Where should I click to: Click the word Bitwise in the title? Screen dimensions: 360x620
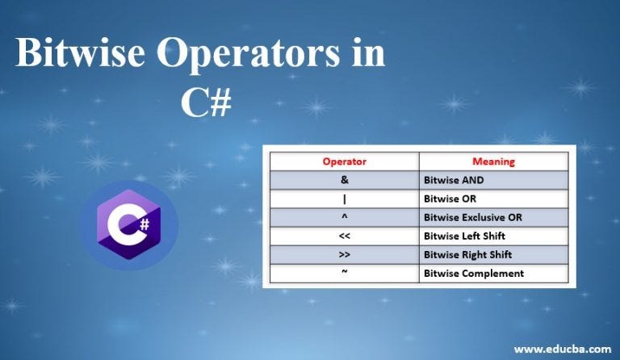(x=81, y=56)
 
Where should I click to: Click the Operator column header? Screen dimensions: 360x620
(x=345, y=161)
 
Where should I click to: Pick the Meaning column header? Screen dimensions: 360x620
(x=493, y=161)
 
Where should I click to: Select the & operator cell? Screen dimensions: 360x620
(x=345, y=180)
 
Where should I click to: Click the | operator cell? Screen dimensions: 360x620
(x=345, y=199)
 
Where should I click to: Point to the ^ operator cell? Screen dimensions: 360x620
(x=345, y=217)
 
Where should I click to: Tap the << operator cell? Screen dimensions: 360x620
(x=345, y=236)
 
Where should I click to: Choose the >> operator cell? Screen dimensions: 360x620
(x=345, y=254)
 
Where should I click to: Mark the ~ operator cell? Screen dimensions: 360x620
(x=345, y=273)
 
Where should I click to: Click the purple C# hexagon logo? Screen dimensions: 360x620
(x=128, y=225)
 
